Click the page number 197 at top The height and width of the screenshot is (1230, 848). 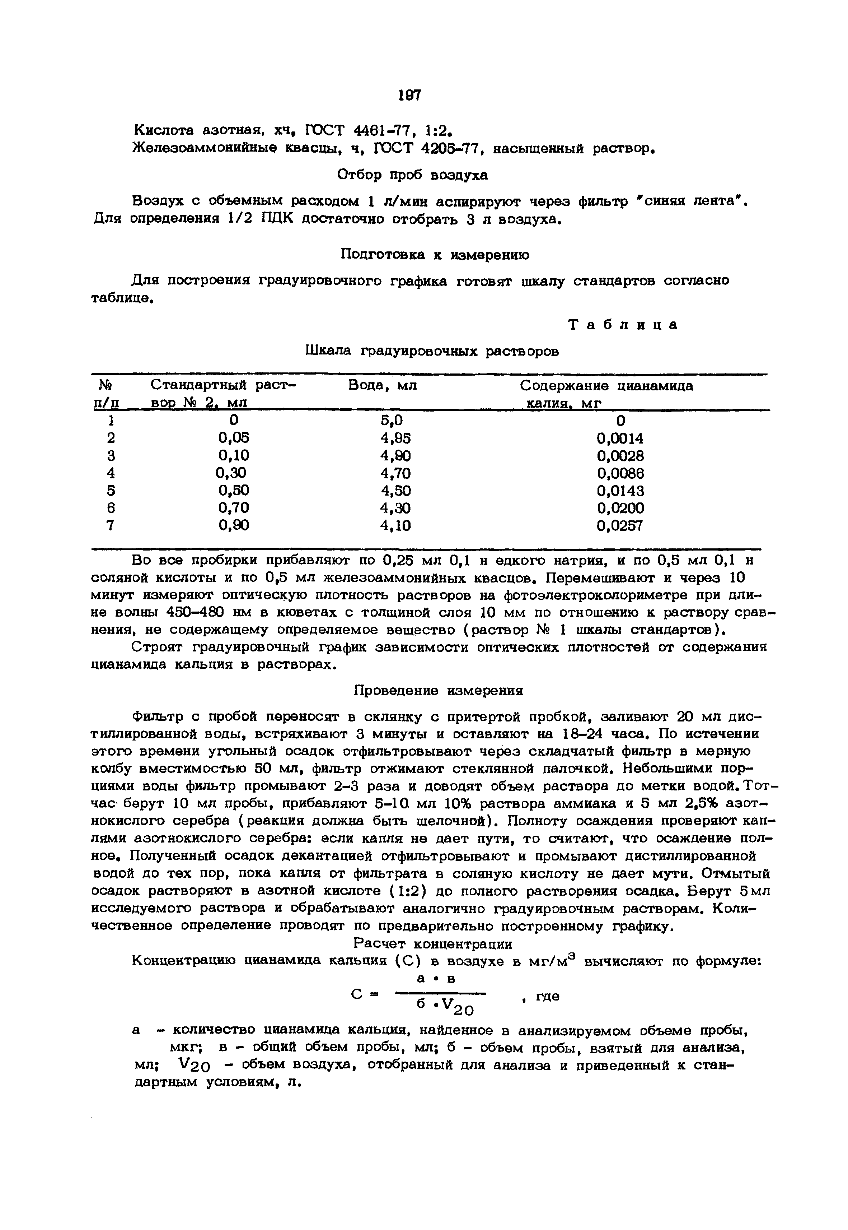(x=410, y=95)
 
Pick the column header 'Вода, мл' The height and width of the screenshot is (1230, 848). (x=382, y=385)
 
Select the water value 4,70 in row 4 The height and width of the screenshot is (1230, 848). (x=395, y=473)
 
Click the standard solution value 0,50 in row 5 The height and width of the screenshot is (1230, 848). (x=233, y=490)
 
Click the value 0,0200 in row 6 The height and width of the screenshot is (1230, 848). (x=620, y=508)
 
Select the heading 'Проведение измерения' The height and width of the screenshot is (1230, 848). (x=438, y=691)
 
